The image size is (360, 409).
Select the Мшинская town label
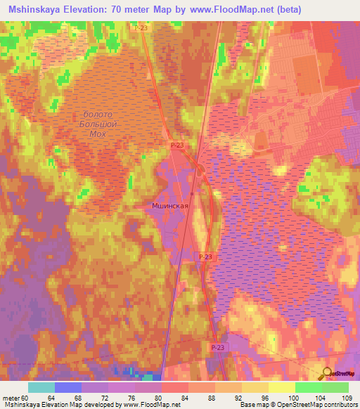click(x=169, y=206)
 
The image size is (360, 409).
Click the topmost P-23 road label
click(x=139, y=27)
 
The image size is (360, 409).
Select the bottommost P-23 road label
click(x=218, y=347)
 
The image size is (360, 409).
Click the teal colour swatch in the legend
click(x=41, y=387)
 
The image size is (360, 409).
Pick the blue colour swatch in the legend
click(x=67, y=387)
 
